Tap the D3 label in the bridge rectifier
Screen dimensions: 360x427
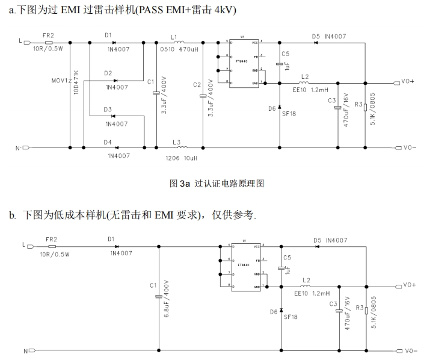coord(108,109)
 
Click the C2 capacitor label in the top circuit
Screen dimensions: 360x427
coord(197,85)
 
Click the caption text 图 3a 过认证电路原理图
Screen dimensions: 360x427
coord(218,182)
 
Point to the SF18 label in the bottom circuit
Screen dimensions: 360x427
coord(290,315)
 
